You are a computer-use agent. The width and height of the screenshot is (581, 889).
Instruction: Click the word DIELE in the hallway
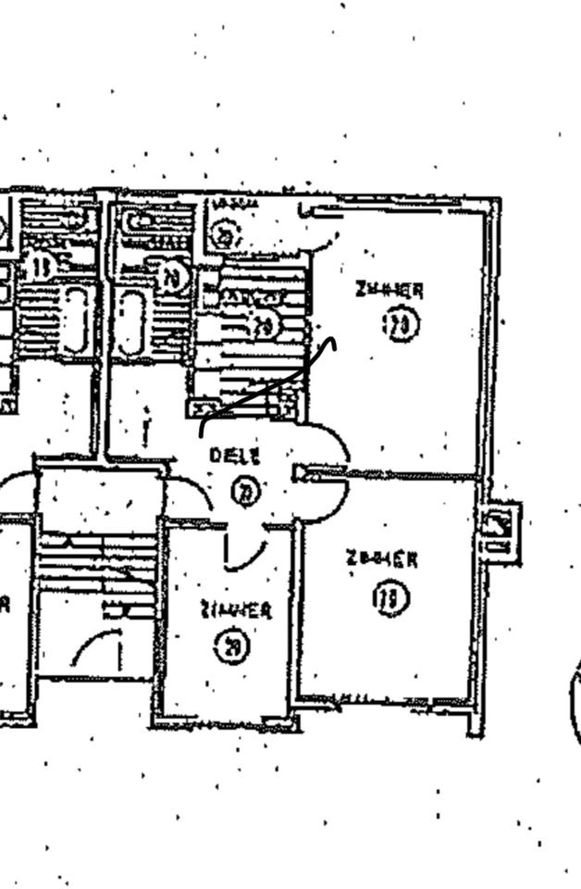[235, 456]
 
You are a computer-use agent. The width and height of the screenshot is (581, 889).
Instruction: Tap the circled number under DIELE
[244, 492]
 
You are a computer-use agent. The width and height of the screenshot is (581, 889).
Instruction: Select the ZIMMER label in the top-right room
[389, 290]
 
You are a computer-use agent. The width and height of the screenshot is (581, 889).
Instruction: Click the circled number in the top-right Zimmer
[401, 325]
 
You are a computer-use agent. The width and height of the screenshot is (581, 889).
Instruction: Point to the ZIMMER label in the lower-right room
[381, 559]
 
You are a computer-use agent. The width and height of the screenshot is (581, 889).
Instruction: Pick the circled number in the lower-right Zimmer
[390, 599]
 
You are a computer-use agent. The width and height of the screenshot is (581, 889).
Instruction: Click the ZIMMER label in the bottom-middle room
[236, 610]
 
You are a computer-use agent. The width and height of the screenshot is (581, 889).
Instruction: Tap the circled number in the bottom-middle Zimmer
[231, 646]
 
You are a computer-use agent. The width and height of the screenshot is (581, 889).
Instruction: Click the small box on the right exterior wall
[500, 532]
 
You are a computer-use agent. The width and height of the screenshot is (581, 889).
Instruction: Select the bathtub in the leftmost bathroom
[75, 320]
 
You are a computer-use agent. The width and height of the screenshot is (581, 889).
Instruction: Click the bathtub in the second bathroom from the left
[130, 322]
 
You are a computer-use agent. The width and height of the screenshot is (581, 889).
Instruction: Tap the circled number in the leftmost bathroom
[40, 267]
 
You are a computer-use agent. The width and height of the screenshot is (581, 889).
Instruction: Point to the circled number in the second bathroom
[173, 276]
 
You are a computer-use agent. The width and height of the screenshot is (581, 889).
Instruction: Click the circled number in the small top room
[223, 233]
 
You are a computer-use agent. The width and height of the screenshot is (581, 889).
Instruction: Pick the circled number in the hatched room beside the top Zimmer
[264, 325]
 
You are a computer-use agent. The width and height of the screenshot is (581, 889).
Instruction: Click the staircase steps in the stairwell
[98, 565]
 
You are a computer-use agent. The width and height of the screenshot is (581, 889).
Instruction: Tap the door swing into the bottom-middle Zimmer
[245, 552]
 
